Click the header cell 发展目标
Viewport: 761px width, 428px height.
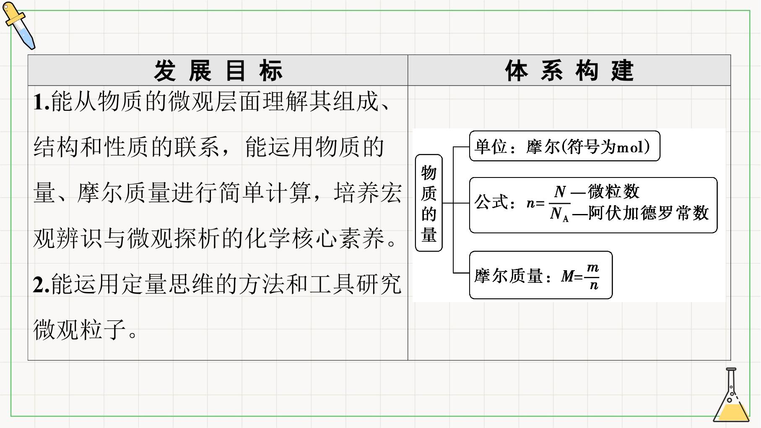[x=218, y=70]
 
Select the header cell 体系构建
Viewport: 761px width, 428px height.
[x=569, y=70]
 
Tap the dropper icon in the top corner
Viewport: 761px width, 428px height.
[x=19, y=25]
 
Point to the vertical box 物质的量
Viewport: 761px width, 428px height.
[x=429, y=203]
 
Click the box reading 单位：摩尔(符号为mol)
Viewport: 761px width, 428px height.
[x=564, y=146]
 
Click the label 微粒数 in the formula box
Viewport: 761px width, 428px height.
[x=613, y=192]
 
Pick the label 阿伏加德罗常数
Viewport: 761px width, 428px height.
[x=648, y=213]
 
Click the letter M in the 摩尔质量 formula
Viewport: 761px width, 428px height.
[x=567, y=276]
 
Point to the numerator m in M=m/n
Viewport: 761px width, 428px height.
[x=593, y=268]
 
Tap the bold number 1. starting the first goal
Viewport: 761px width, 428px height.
[x=42, y=102]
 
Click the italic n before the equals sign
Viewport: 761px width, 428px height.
[x=530, y=204]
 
